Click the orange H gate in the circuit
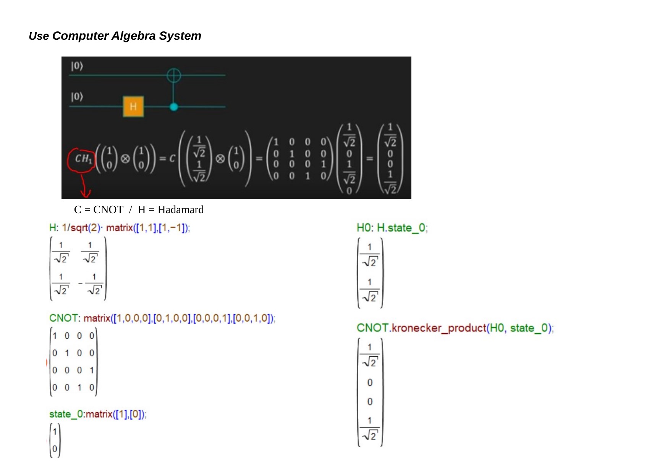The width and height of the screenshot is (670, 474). [133, 106]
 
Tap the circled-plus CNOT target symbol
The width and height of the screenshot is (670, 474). [174, 75]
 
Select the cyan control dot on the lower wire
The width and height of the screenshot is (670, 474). [174, 107]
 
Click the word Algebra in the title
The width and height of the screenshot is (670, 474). [134, 36]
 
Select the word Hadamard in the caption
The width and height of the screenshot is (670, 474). [181, 210]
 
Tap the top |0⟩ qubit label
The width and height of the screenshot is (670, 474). [77, 66]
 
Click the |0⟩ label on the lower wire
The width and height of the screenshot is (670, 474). [77, 97]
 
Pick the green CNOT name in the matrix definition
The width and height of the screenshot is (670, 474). [63, 318]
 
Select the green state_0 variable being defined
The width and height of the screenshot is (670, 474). [66, 414]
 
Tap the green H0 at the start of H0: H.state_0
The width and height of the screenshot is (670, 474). [363, 228]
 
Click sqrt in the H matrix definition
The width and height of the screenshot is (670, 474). [79, 228]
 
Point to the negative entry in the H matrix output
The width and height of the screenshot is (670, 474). [92, 284]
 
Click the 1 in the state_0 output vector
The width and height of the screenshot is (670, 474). [55, 432]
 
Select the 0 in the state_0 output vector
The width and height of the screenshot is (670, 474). [55, 449]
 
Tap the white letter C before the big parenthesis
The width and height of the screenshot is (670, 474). [172, 159]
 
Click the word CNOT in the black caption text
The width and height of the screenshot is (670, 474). [108, 210]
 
